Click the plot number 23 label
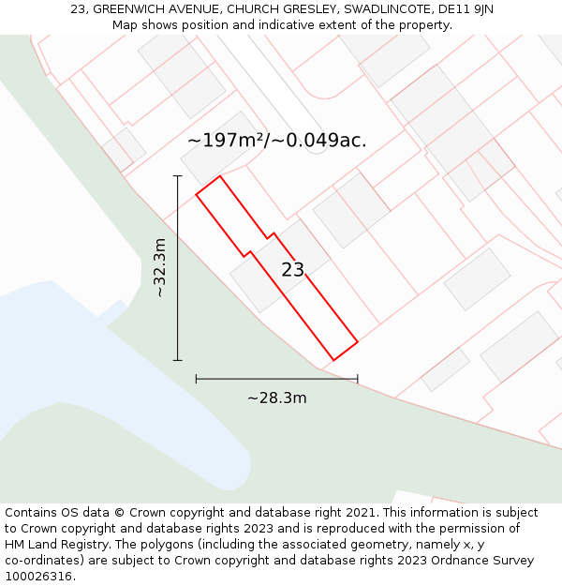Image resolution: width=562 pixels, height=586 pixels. tap(292, 270)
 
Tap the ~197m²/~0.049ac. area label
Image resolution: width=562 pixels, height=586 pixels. tap(276, 141)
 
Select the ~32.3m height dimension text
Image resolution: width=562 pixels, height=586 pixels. tap(160, 267)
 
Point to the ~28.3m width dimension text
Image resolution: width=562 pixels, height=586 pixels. tap(276, 398)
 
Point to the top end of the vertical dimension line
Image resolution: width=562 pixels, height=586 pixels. tap(177, 175)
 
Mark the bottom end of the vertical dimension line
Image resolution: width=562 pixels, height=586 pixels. tap(177, 360)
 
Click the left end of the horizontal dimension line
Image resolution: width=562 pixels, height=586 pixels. tap(196, 379)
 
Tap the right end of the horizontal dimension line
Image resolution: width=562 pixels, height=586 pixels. tap(358, 379)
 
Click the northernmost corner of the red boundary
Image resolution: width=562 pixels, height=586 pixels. tap(220, 176)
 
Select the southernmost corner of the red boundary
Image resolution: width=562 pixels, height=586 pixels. tap(334, 360)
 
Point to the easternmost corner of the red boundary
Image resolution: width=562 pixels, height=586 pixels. tap(358, 342)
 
